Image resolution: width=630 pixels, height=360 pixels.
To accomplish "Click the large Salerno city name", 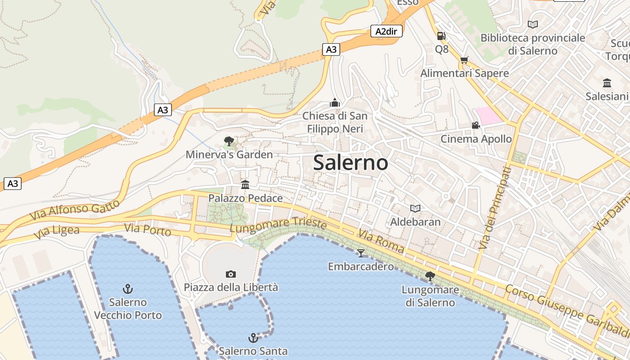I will pyautogui.click(x=350, y=162).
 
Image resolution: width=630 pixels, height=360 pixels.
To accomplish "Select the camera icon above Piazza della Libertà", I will pyautogui.click(x=230, y=274).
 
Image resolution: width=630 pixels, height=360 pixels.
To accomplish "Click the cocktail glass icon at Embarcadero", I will pyautogui.click(x=360, y=253).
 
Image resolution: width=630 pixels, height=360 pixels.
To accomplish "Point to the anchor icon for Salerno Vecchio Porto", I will pyautogui.click(x=128, y=288).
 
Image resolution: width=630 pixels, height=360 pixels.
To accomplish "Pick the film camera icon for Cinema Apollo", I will pyautogui.click(x=476, y=125).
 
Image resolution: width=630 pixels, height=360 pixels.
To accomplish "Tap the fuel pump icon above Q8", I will pyautogui.click(x=441, y=36).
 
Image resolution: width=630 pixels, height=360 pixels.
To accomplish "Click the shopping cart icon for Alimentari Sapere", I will pyautogui.click(x=464, y=60).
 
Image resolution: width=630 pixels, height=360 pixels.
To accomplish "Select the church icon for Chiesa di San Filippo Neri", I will pyautogui.click(x=334, y=103).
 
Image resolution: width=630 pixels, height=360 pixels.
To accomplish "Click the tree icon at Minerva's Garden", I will pyautogui.click(x=229, y=141).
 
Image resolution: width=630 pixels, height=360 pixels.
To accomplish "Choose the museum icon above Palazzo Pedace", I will pyautogui.click(x=245, y=184).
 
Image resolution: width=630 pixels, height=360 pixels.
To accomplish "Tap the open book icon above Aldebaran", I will pyautogui.click(x=415, y=208).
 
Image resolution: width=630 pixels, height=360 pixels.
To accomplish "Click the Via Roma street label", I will pyautogui.click(x=381, y=241).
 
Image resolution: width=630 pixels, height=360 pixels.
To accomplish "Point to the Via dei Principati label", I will pyautogui.click(x=495, y=208).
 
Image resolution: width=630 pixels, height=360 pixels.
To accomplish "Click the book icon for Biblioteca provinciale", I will pyautogui.click(x=533, y=24).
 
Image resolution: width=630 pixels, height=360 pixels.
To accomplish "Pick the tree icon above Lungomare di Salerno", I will pyautogui.click(x=430, y=276).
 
